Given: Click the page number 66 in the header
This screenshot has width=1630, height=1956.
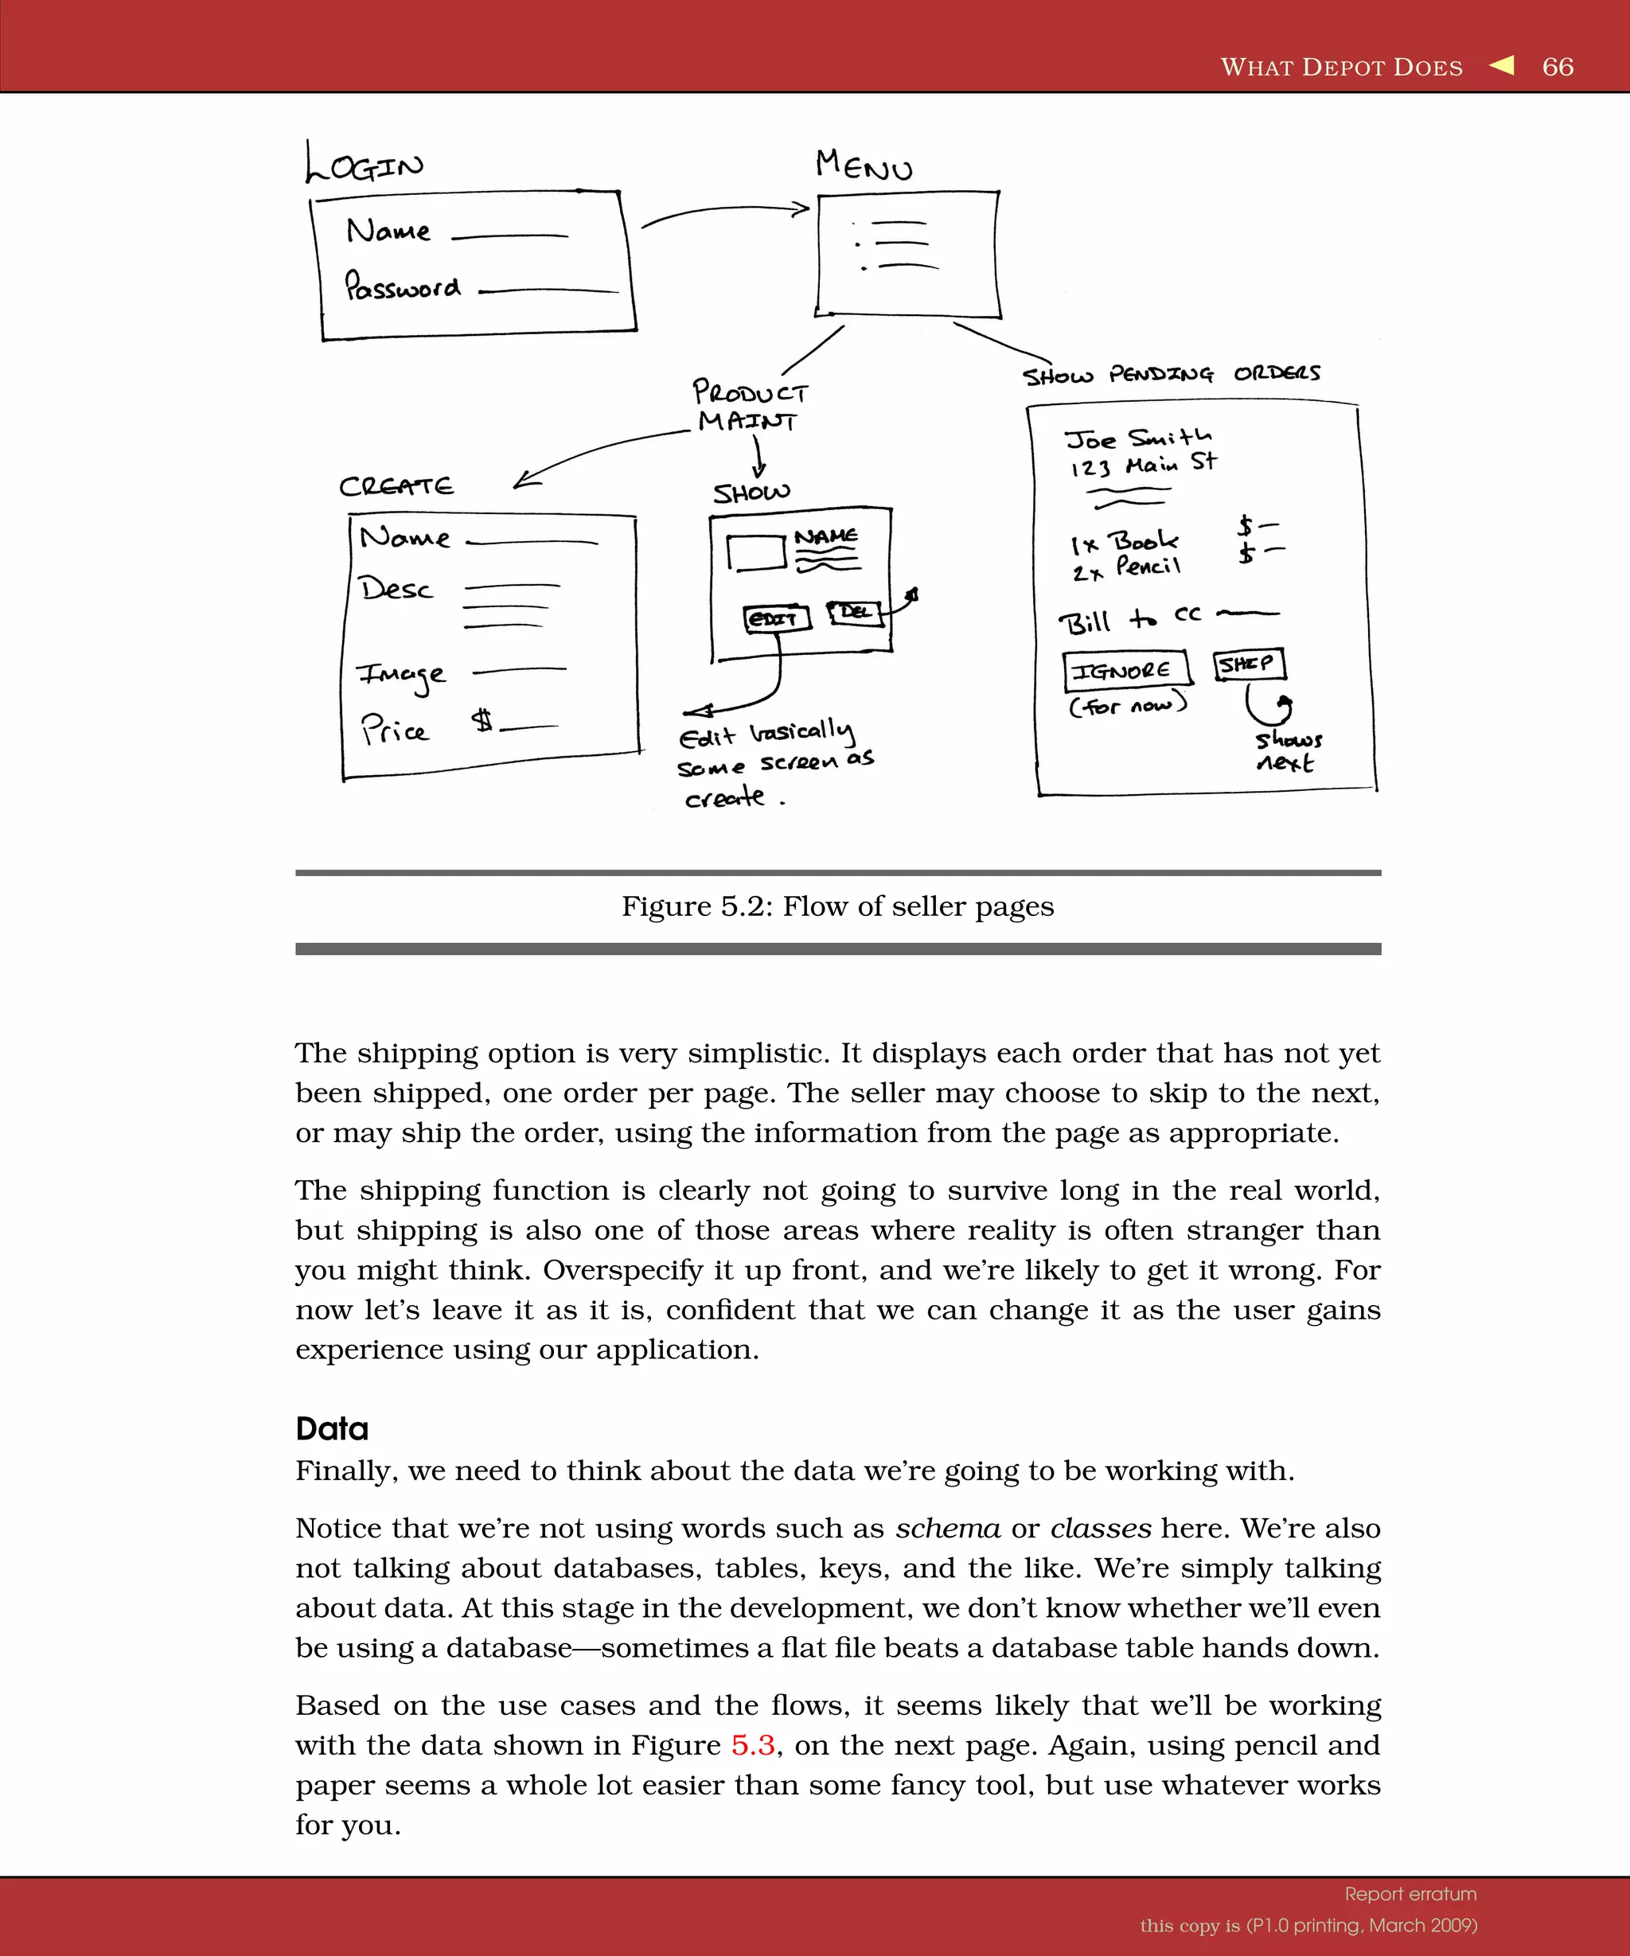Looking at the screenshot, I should point(1558,67).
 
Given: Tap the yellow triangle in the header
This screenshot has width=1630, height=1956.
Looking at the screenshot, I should point(1502,65).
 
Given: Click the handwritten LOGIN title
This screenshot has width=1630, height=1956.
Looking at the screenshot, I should point(365,164).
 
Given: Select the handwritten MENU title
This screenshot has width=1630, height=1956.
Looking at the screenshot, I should point(864,166).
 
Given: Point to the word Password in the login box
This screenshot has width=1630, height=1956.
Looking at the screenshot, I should point(403,286).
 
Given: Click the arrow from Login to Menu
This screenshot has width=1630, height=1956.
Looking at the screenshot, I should point(724,212).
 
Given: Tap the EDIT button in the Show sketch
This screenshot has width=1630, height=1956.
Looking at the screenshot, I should point(775,618).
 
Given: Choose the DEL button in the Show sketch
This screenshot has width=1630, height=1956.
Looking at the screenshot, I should point(855,612).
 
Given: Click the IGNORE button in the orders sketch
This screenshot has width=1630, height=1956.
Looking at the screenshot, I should point(1125,668).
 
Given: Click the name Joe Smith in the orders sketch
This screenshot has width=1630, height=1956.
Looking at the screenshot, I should point(1138,438).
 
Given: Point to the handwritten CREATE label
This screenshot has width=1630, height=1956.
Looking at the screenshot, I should point(396,486).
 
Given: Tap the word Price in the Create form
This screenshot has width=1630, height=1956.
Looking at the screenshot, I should point(395,729).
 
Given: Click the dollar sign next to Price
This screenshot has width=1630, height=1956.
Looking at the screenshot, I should point(482,719).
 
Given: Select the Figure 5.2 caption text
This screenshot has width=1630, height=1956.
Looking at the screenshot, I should point(837,906).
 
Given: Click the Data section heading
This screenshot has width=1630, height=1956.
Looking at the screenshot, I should point(332,1429).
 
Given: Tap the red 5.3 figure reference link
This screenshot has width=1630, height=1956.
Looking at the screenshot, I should point(753,1744).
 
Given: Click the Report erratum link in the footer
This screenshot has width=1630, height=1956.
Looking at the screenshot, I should point(1410,1894).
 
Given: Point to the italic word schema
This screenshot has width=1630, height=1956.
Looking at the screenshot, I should point(947,1529).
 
